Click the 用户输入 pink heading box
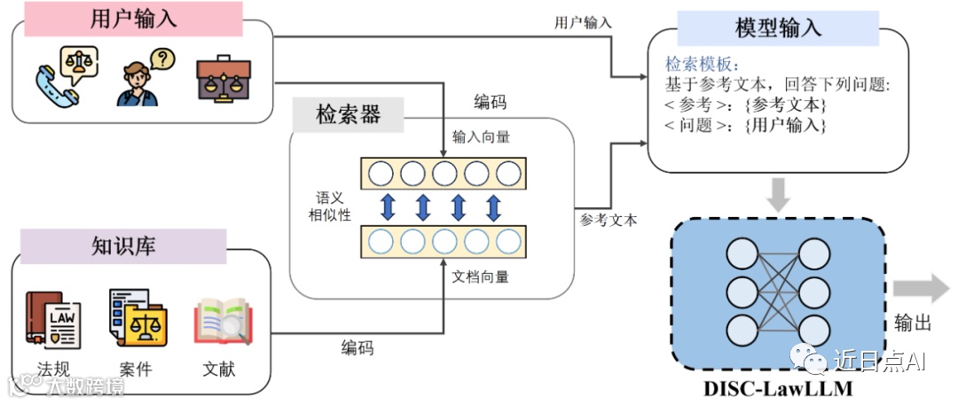134,19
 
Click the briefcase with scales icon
223,78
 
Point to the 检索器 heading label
348,114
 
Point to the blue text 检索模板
702,66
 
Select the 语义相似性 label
334,206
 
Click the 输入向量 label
481,137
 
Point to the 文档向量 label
481,276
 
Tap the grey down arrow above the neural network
777,194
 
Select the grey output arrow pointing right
922,289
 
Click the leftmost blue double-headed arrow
388,206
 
